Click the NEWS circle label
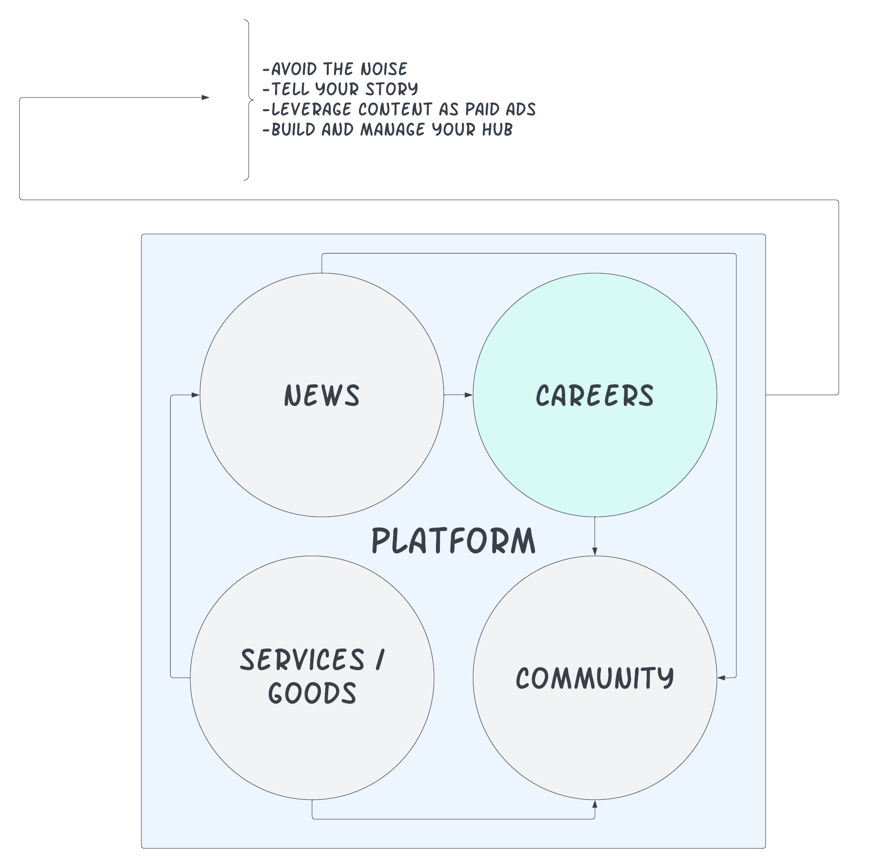click(x=322, y=395)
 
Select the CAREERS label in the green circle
click(x=595, y=395)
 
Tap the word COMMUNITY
click(x=595, y=678)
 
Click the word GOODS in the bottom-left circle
click(x=312, y=693)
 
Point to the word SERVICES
click(x=302, y=660)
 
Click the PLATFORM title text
click(x=453, y=541)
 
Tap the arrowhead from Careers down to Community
click(x=595, y=551)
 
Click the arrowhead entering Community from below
click(x=595, y=804)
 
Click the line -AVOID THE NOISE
click(x=335, y=69)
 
